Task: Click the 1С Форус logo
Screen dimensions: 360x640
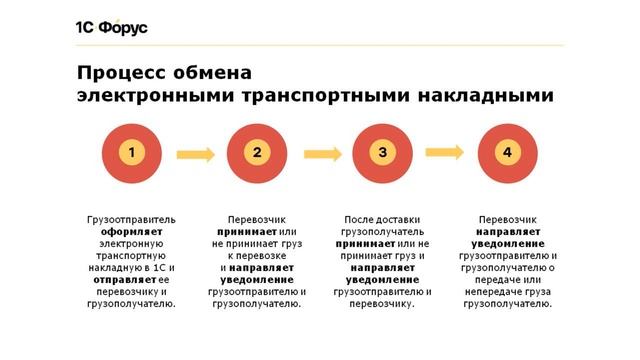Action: (111, 27)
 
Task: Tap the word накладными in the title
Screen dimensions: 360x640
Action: (483, 95)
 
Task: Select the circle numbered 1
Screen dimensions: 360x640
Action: (131, 153)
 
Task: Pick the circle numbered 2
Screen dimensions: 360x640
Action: (257, 153)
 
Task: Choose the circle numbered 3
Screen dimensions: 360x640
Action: (382, 153)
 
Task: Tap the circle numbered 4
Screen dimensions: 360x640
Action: (508, 153)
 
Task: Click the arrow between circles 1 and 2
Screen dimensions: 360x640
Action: (194, 154)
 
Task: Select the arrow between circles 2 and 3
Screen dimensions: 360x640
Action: (320, 154)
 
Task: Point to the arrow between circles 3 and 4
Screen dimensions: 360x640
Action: (445, 152)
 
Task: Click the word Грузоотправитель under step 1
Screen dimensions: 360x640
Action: (131, 218)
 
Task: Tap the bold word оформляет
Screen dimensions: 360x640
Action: (131, 230)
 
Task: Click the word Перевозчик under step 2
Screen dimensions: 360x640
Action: (257, 218)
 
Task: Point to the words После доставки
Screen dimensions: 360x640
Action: (382, 218)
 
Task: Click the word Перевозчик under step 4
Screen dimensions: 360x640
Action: (508, 218)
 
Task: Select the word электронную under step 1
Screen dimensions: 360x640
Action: (131, 242)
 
